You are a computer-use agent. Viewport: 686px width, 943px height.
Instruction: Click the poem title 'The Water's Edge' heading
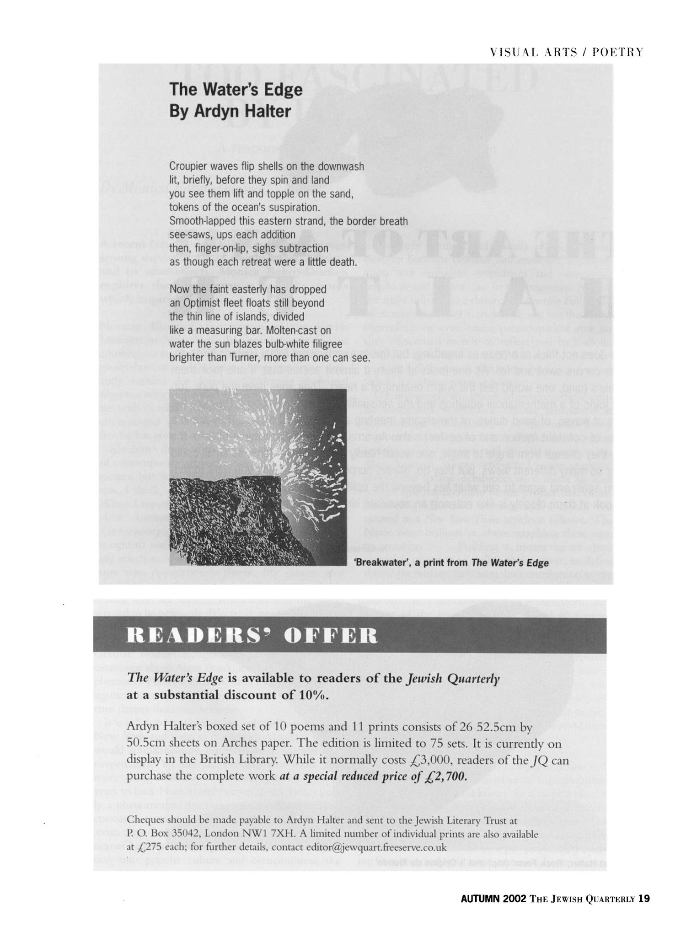(x=236, y=89)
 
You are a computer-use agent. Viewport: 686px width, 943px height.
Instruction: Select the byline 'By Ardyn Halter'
(x=230, y=111)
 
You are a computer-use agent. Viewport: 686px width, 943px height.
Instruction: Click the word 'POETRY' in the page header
(x=617, y=52)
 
